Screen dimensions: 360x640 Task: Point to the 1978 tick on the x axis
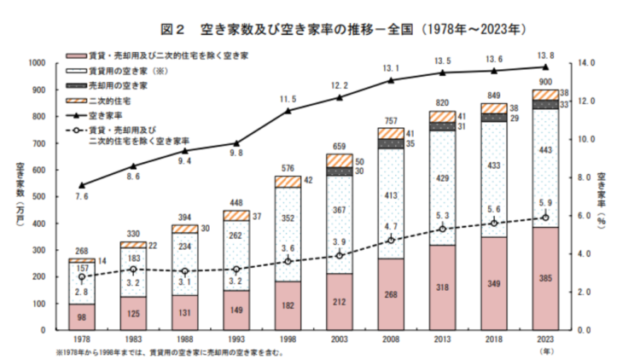pyautogui.click(x=81, y=339)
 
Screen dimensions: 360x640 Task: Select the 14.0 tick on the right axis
pyautogui.click(x=584, y=62)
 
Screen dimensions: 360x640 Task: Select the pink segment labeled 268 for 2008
pyautogui.click(x=389, y=295)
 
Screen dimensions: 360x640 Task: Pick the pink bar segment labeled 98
pyautogui.click(x=81, y=316)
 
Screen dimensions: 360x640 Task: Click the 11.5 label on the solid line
pyautogui.click(x=286, y=99)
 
